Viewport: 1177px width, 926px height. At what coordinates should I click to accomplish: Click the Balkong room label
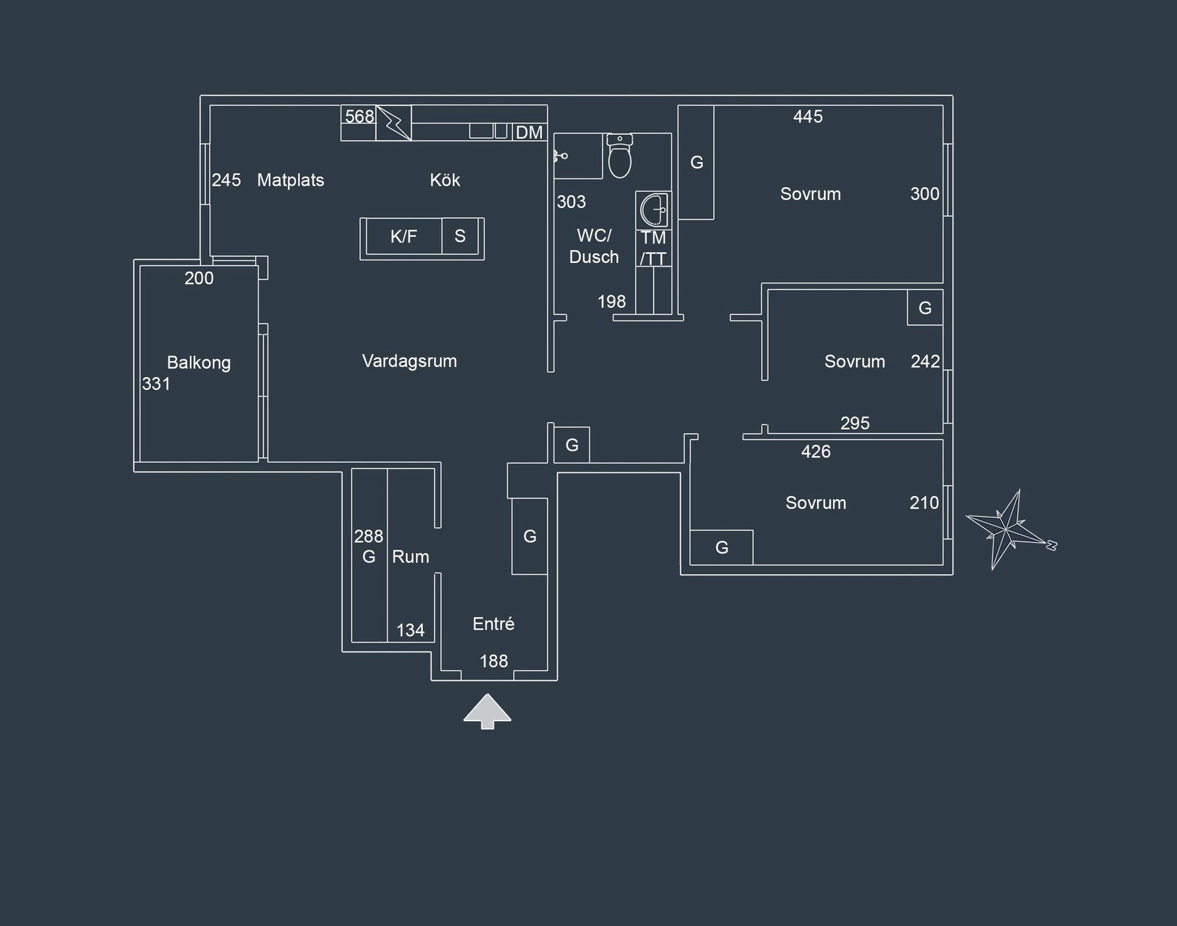199,362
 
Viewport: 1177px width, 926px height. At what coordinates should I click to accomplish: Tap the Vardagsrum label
409,361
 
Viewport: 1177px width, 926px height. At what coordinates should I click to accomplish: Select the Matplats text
290,180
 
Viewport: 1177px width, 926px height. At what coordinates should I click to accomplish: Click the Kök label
444,180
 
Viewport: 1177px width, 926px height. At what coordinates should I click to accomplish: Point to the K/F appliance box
403,236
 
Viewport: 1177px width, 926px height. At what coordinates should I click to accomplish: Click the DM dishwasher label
529,132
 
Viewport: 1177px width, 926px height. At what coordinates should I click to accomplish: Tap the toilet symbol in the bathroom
620,156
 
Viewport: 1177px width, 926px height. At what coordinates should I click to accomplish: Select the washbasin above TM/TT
653,210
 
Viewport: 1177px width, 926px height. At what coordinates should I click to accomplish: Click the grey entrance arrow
487,711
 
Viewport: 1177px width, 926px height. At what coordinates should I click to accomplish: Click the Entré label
493,624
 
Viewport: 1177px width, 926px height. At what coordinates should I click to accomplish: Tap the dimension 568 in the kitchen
359,116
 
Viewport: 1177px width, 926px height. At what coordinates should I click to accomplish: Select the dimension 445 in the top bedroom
808,117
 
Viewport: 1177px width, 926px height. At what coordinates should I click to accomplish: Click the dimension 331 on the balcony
156,384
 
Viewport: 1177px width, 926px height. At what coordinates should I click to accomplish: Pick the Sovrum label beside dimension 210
815,503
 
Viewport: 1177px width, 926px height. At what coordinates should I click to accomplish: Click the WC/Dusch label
593,246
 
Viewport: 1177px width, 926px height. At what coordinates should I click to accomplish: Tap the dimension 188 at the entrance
493,661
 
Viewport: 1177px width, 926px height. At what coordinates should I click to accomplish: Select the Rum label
410,556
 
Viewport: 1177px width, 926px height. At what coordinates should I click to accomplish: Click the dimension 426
815,452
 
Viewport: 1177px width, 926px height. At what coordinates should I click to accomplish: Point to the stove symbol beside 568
394,123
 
